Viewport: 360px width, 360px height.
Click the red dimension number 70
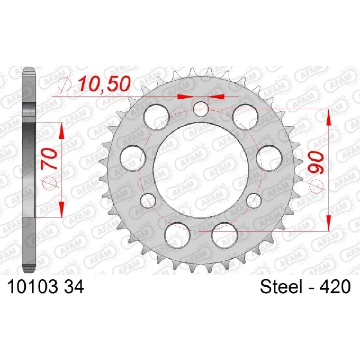tap(49, 158)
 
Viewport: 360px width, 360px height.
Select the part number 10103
tap(31, 287)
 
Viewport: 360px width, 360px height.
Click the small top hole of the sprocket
tap(201, 109)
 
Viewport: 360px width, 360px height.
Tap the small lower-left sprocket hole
tap(148, 201)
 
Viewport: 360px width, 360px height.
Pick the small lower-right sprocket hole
tap(254, 201)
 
